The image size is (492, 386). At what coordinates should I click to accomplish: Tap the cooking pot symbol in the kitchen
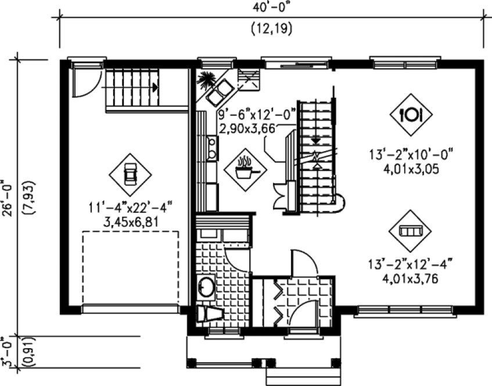245,169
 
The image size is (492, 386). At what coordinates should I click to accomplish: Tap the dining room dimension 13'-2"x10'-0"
410,155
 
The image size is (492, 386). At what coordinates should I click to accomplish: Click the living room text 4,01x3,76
410,278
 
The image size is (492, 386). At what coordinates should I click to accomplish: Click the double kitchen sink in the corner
221,91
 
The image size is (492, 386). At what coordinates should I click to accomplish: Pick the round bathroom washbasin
206,287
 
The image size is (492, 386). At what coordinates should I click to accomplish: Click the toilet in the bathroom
209,314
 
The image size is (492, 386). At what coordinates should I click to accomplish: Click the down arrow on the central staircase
315,140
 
